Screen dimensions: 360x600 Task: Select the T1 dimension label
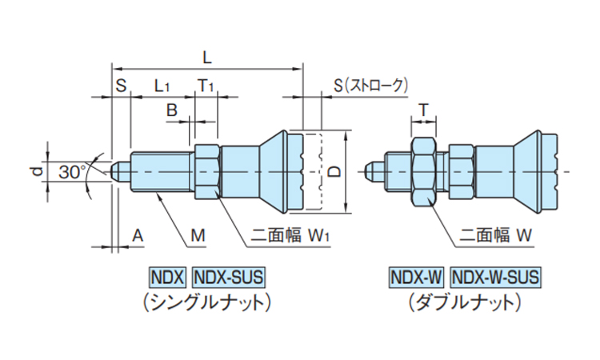[206, 84]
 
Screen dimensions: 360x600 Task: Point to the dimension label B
[170, 110]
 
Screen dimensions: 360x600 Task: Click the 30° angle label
[72, 171]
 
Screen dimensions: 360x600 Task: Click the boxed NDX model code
[167, 278]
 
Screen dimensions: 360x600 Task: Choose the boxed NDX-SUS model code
[228, 278]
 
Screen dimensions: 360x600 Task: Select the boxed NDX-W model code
[416, 278]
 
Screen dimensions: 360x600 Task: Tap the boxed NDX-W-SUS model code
[495, 278]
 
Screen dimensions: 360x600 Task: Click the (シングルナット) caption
[206, 302]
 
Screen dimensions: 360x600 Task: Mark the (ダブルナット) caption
[464, 302]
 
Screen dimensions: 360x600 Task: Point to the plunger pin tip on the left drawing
[118, 171]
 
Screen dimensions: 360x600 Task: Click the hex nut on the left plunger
[205, 170]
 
